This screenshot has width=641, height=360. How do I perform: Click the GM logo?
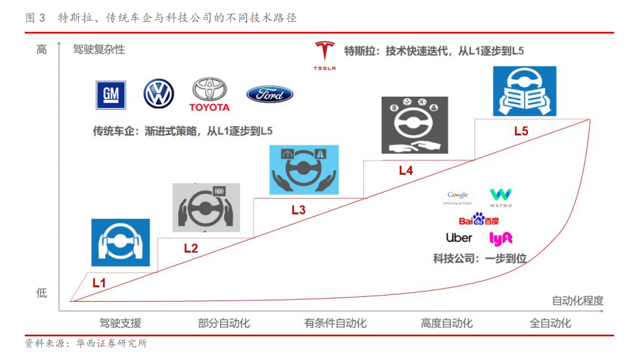[111, 95]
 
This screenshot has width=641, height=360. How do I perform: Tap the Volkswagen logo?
[158, 94]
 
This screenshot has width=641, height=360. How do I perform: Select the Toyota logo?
[209, 95]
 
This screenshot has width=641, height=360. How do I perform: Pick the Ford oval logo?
[269, 95]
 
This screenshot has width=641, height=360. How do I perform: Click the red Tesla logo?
[324, 55]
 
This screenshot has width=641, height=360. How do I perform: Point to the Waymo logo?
[500, 197]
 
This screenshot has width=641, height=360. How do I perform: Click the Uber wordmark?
[459, 237]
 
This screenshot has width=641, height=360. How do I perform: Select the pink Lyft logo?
[500, 238]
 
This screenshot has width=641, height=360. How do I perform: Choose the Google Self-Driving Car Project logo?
[458, 197]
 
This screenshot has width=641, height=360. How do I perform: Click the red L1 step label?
[99, 282]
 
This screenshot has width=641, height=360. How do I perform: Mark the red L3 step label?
[298, 211]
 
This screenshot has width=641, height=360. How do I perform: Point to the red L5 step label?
[521, 131]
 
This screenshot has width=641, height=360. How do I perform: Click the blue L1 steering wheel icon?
[121, 242]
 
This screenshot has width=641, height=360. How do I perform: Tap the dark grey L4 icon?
[415, 124]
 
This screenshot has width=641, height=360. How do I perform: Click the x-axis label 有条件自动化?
[335, 324]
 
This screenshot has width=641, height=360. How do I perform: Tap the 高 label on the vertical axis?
[42, 49]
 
